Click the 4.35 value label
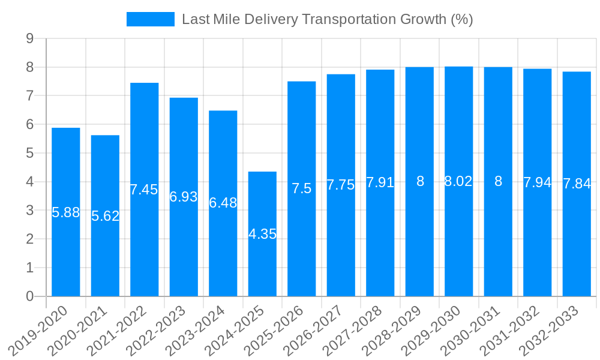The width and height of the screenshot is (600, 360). point(262,234)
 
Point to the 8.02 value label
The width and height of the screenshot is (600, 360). point(459,181)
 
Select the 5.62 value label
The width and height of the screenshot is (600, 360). point(106,216)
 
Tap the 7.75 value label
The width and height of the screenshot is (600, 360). point(341,185)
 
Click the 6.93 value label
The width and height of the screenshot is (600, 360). point(184,196)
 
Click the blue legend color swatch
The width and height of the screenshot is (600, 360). point(150,19)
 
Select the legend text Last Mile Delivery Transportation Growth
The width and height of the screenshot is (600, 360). point(328,19)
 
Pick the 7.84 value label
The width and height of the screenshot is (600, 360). point(577,184)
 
